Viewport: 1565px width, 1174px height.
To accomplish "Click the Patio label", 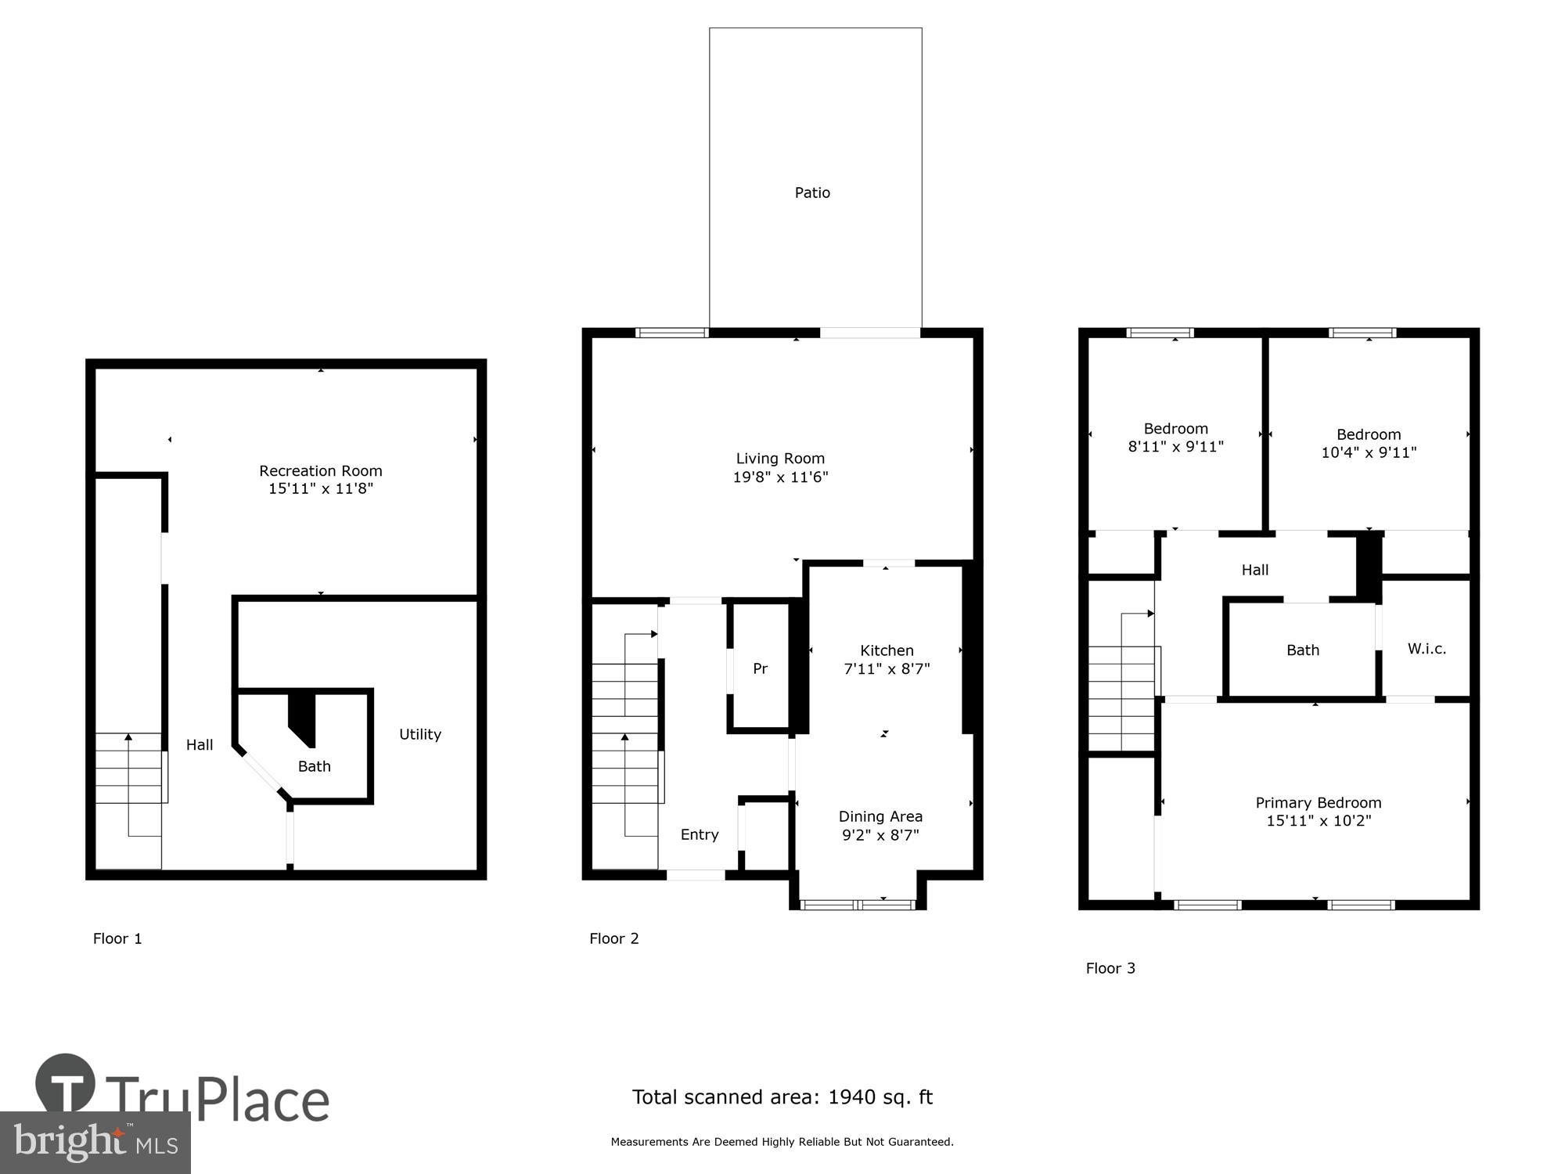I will [812, 193].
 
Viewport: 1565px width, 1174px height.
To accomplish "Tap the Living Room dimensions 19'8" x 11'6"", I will [780, 477].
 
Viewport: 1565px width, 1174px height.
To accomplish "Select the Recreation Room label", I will [321, 470].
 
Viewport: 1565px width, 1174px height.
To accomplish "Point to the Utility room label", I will [420, 734].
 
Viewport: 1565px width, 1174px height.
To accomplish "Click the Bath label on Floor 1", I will [314, 766].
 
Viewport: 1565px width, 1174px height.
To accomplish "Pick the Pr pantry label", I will [760, 668].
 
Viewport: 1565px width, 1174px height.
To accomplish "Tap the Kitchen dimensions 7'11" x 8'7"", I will [887, 668].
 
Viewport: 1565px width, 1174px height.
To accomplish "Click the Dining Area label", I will [880, 816].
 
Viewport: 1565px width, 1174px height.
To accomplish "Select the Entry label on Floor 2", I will [700, 834].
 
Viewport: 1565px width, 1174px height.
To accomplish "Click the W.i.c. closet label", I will [1426, 649].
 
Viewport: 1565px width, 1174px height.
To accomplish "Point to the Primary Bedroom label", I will [1319, 802].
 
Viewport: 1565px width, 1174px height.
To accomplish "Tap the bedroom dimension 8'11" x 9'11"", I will [1175, 447].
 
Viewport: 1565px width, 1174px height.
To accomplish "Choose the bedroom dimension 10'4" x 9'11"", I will [1369, 452].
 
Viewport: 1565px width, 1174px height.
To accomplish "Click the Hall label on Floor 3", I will [1254, 570].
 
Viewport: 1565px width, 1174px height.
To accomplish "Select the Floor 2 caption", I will [614, 938].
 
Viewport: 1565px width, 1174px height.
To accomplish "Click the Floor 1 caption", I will [117, 938].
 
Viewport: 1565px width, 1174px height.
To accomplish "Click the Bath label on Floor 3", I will [1303, 650].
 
